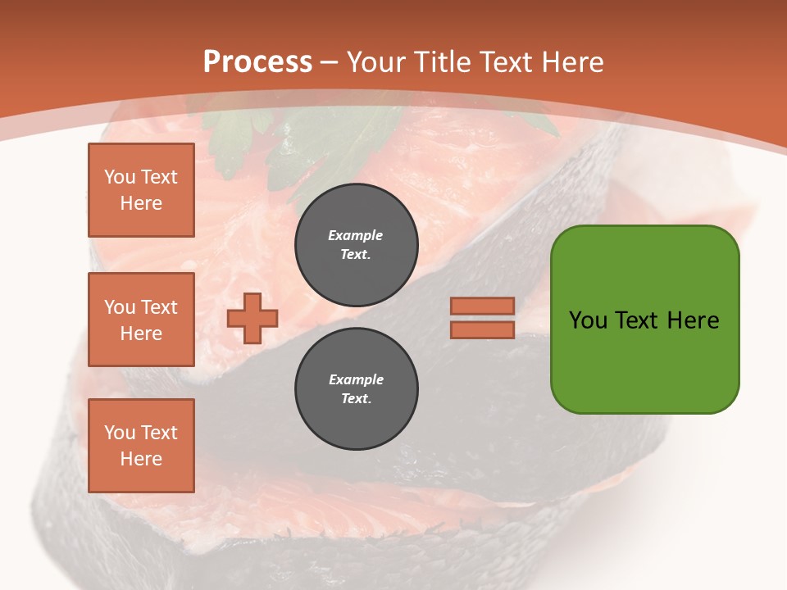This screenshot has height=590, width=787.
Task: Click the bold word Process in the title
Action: [x=257, y=62]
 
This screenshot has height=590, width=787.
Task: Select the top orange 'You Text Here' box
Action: [x=141, y=190]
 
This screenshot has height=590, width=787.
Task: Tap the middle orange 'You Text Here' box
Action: [x=141, y=320]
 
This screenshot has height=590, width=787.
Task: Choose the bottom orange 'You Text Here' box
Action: [x=141, y=445]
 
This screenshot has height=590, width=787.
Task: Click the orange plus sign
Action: [x=252, y=318]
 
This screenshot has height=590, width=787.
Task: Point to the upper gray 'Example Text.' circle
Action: [x=357, y=244]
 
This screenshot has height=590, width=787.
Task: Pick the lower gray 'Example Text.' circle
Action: [x=357, y=388]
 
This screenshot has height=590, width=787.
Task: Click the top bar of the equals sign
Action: [x=483, y=306]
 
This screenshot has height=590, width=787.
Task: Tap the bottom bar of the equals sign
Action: [x=483, y=329]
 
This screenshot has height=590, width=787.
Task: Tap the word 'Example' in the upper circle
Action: [x=356, y=235]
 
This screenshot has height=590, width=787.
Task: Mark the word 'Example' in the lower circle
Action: [x=356, y=379]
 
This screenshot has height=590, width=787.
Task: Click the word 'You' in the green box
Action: [x=588, y=320]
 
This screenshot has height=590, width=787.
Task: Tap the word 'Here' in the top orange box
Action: [x=141, y=203]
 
